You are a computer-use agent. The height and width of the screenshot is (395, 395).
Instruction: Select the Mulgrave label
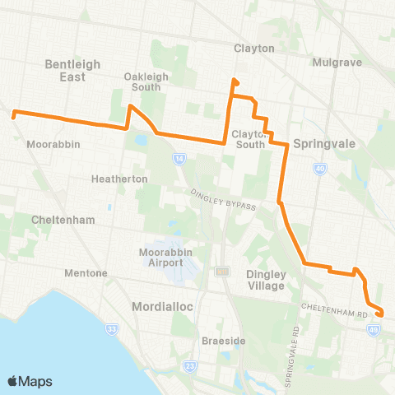332,62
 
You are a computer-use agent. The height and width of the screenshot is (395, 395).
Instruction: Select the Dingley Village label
265,281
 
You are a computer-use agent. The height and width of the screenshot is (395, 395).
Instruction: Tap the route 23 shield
192,365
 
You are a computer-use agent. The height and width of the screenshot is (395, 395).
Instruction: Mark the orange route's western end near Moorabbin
13,115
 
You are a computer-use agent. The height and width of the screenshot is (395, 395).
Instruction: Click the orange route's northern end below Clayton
235,81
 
